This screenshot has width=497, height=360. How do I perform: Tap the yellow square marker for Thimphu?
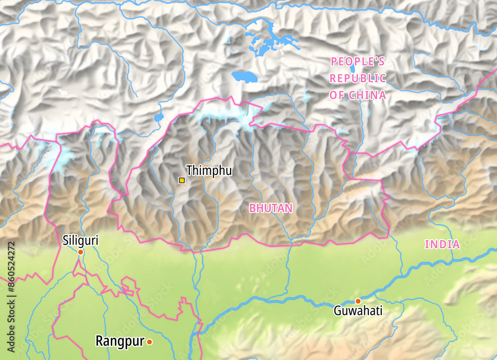(182, 180)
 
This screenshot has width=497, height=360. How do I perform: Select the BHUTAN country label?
(271, 208)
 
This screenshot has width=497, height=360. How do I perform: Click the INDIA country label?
(442, 244)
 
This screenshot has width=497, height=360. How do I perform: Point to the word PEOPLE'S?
(358, 62)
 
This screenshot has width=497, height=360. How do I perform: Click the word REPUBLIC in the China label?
(358, 79)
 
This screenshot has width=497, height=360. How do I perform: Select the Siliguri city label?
(81, 241)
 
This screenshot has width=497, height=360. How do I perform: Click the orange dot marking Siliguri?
(80, 252)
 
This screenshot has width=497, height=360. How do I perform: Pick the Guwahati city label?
(358, 311)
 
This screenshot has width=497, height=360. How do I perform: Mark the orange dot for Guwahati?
(358, 301)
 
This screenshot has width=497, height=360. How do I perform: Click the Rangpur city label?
(120, 341)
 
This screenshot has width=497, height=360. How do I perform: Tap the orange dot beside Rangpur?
(149, 342)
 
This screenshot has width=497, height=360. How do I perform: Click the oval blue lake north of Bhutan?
(245, 77)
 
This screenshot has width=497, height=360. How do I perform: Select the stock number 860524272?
(11, 269)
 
